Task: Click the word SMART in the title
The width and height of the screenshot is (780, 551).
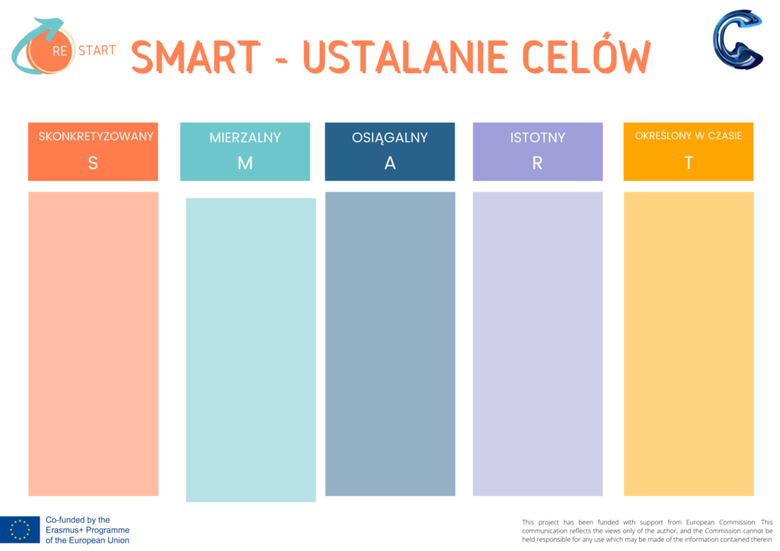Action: click(196, 56)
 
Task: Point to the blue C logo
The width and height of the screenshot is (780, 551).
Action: click(737, 39)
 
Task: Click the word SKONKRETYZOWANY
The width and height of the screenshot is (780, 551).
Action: click(96, 137)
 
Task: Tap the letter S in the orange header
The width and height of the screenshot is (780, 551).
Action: click(93, 163)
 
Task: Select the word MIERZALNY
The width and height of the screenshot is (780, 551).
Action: click(245, 138)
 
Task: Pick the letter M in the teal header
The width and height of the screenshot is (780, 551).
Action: click(245, 163)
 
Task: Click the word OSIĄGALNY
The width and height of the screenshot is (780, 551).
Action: click(390, 138)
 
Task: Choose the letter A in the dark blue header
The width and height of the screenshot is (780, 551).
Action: click(390, 163)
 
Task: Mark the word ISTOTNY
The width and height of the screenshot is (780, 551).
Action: click(538, 138)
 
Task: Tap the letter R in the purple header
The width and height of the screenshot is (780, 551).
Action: click(538, 163)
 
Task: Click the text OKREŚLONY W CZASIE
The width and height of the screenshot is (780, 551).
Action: click(689, 136)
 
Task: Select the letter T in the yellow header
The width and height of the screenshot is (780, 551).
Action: click(689, 163)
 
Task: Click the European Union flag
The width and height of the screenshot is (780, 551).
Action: click(21, 529)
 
